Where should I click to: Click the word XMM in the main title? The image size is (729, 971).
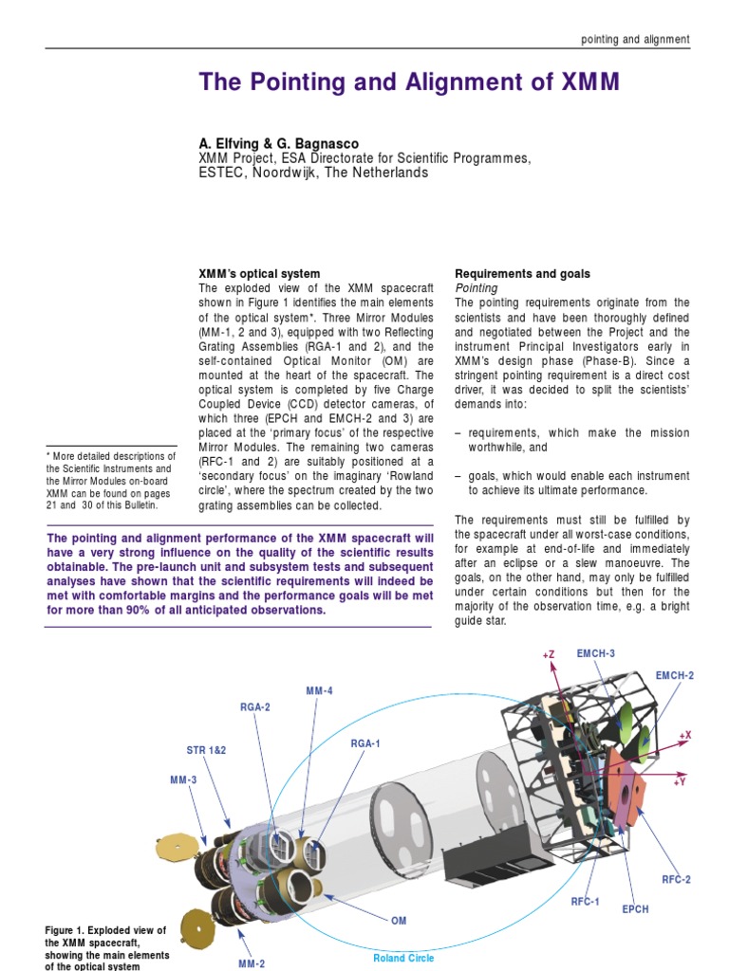584,82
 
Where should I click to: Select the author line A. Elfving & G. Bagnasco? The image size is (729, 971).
279,143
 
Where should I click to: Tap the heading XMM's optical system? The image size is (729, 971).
259,273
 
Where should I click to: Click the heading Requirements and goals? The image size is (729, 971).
522,273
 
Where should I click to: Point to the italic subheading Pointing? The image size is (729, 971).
477,287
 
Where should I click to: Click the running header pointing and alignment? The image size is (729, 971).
635,39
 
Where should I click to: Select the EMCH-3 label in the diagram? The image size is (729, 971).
594,653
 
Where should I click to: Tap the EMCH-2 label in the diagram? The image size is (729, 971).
675,675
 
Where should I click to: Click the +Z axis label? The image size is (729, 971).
549,654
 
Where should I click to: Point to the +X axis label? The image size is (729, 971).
685,735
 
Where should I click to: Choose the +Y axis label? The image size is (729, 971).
680,782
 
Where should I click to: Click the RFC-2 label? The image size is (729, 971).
676,879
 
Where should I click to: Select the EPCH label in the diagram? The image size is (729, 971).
635,909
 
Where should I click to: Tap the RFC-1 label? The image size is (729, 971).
585,901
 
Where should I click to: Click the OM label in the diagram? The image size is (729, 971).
399,920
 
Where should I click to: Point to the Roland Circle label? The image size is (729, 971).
403,958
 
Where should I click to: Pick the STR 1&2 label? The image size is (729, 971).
206,749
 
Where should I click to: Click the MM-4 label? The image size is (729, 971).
319,690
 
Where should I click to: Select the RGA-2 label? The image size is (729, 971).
255,706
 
